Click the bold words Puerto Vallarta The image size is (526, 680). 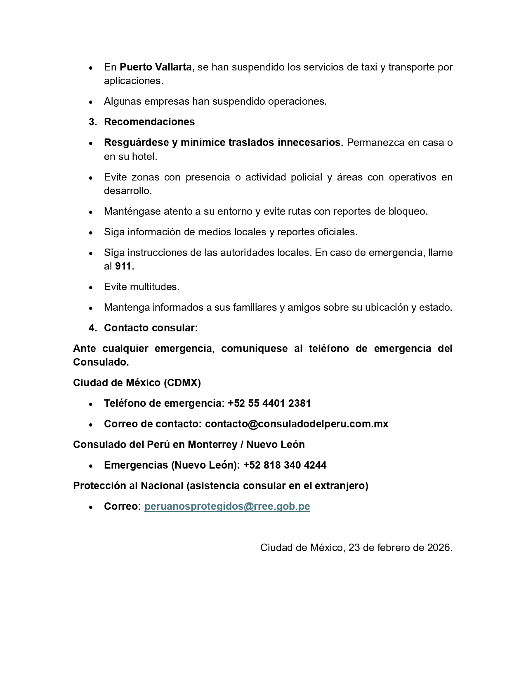(x=156, y=67)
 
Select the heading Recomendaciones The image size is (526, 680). (x=149, y=122)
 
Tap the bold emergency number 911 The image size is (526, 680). (x=123, y=266)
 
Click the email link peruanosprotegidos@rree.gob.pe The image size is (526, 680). (x=227, y=506)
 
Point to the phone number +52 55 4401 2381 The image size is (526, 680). (x=269, y=403)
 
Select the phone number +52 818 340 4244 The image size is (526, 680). (x=285, y=465)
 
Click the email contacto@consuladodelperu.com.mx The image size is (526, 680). (x=297, y=424)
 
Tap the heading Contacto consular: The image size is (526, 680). (x=151, y=328)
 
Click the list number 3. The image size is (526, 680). (x=92, y=122)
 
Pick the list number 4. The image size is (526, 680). (x=92, y=328)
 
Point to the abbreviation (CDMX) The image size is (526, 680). (x=182, y=383)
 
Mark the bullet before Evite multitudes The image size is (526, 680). (x=91, y=287)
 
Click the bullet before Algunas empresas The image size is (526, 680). (x=91, y=102)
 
